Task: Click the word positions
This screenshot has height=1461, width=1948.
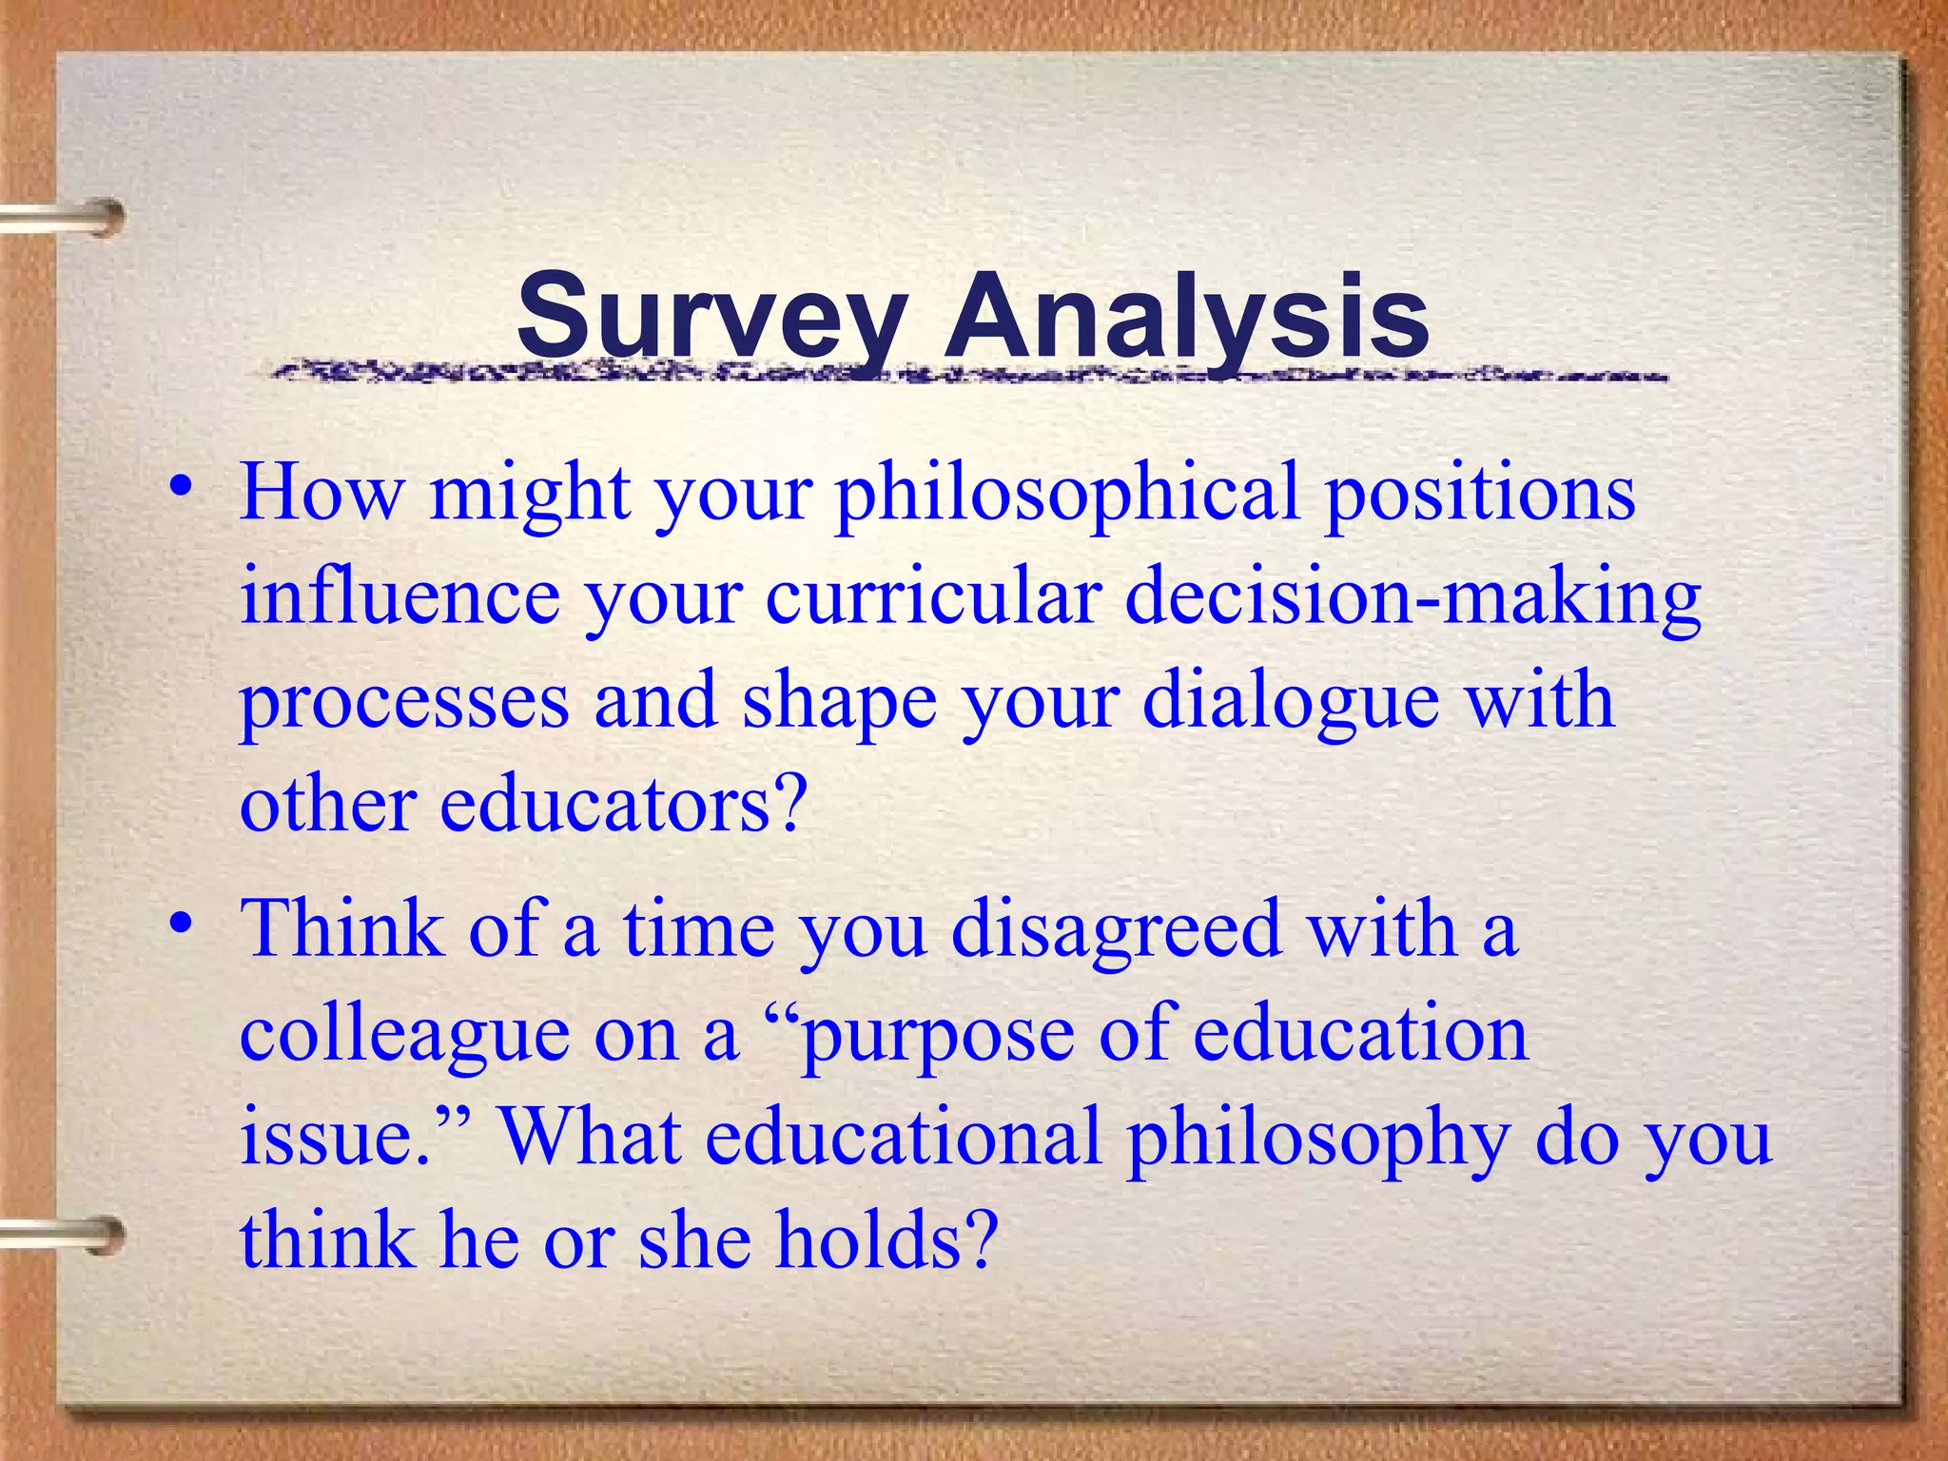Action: click(x=1480, y=495)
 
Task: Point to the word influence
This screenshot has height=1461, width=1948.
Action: click(x=399, y=596)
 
